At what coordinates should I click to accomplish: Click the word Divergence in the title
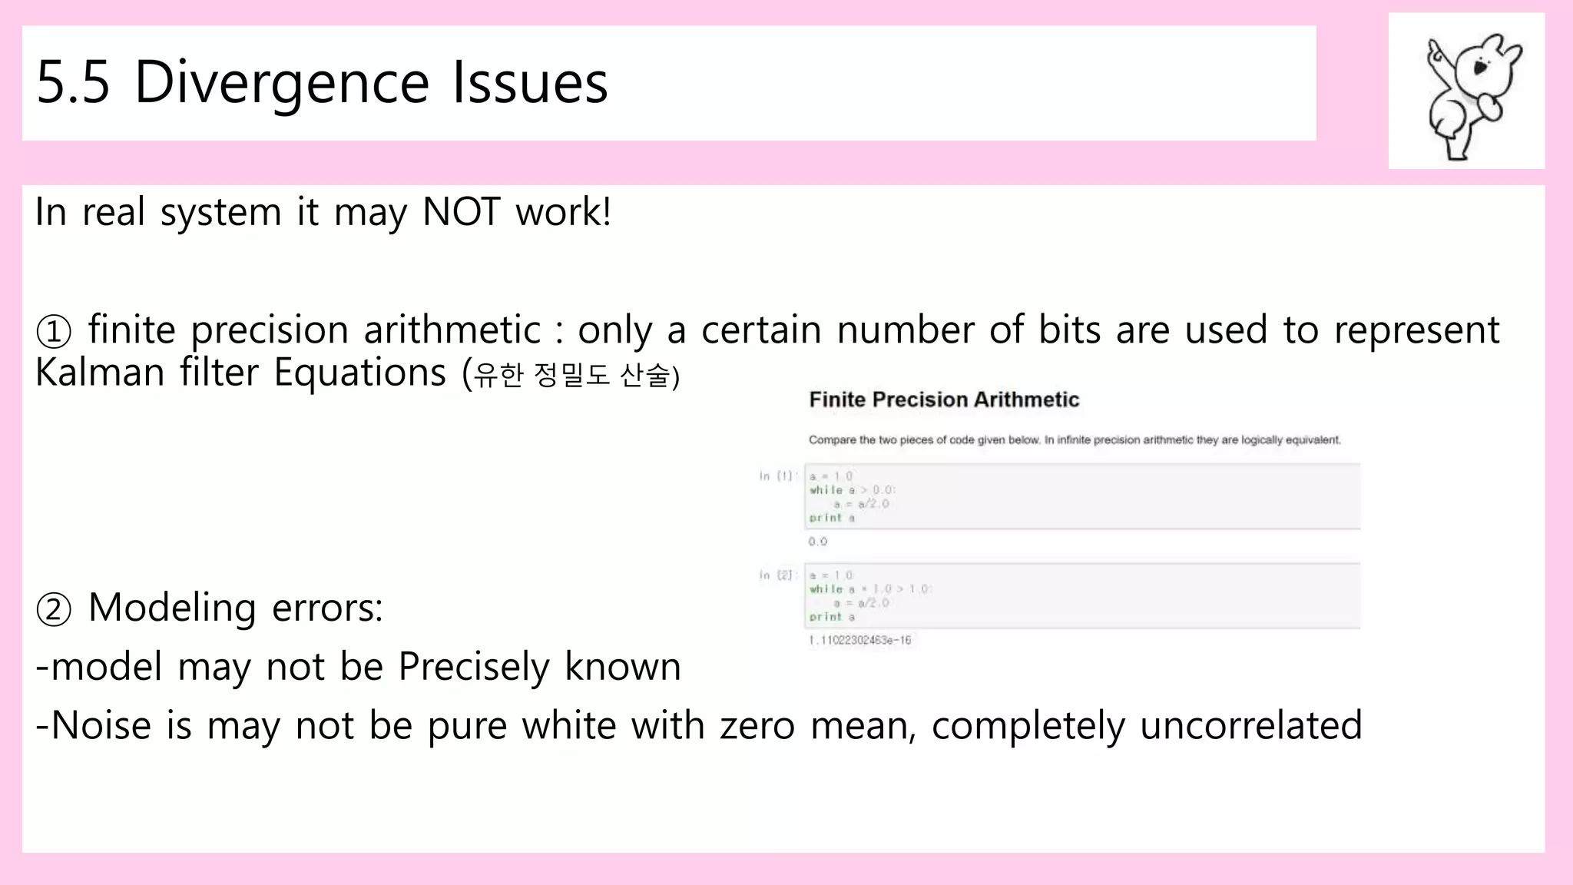(281, 83)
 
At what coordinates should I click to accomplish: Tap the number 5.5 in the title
(73, 83)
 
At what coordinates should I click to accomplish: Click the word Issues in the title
(530, 83)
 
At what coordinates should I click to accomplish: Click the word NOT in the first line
(461, 212)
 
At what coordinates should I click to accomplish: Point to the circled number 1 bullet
(54, 332)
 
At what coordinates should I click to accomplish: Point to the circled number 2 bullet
(54, 610)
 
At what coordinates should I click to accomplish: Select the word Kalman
(100, 373)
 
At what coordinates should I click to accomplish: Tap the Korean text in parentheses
(571, 376)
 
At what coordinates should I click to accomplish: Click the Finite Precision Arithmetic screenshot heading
(944, 399)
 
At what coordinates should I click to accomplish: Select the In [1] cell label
(776, 476)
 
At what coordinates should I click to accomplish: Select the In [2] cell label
(776, 575)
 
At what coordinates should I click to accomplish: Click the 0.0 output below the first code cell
(817, 542)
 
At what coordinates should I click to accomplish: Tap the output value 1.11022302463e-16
(859, 640)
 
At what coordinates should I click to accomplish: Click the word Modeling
(172, 608)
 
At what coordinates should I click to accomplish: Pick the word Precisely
(474, 667)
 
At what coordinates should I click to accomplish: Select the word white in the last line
(568, 726)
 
